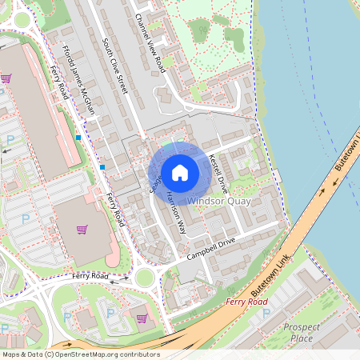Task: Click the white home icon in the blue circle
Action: point(180,171)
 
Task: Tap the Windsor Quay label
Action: point(219,201)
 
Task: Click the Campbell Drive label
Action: point(211,250)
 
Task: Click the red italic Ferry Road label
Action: point(246,302)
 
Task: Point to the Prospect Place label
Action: point(302,333)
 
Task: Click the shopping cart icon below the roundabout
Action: point(142,318)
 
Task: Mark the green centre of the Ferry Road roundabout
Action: point(144,278)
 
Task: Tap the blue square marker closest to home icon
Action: point(102,166)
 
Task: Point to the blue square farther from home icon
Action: point(78,138)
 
